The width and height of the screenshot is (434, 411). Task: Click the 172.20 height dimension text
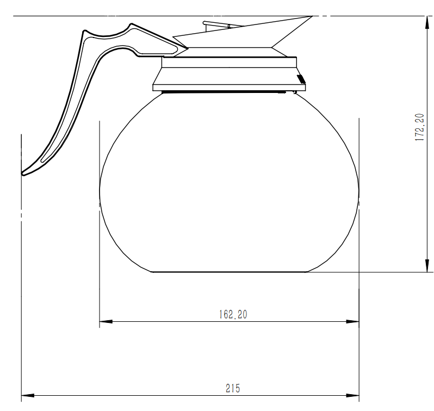pos(419,128)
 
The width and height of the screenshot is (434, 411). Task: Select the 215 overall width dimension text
pos(233,388)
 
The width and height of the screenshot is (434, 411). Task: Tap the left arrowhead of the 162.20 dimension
pos(105,321)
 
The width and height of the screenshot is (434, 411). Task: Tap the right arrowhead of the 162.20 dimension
pos(354,321)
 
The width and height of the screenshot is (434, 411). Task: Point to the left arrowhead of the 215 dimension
pos(27,395)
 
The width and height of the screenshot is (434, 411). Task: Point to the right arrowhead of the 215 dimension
pos(354,395)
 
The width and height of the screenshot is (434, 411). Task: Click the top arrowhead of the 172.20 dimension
pos(425,22)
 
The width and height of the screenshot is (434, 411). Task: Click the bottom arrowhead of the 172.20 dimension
pos(425,266)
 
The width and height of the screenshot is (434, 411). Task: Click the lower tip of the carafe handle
pos(24,173)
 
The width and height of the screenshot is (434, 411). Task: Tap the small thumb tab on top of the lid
pos(217,24)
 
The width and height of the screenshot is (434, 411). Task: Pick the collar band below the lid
pos(228,63)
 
